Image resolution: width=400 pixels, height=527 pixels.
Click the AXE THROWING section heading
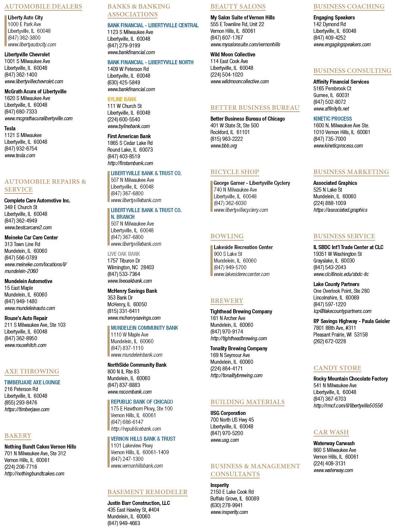[32, 371]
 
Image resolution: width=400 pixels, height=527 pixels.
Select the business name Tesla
[10, 128]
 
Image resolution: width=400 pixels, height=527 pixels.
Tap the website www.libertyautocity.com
[32, 44]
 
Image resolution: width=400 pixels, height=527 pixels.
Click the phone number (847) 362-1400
[21, 75]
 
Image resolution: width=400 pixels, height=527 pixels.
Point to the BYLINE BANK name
[122, 99]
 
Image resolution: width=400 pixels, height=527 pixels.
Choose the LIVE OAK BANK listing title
[124, 254]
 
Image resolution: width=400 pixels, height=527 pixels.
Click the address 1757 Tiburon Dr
[124, 260]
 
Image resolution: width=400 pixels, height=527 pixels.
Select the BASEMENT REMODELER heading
[147, 492]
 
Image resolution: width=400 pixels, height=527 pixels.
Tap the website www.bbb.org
[224, 146]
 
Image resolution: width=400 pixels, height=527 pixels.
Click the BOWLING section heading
[227, 236]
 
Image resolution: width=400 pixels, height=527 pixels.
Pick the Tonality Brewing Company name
[238, 348]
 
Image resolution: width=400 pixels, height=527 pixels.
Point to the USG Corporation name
[228, 413]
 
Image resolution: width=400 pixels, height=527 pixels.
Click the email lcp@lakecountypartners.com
[342, 311]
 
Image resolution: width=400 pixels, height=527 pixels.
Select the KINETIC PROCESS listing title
[332, 119]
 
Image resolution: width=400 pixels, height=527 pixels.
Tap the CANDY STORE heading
[337, 368]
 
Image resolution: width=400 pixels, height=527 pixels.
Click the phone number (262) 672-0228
[329, 341]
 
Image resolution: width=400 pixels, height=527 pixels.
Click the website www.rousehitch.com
[25, 345]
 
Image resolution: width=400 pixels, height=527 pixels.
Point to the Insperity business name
[219, 485]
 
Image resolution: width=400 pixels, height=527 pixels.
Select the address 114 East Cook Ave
[229, 61]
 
